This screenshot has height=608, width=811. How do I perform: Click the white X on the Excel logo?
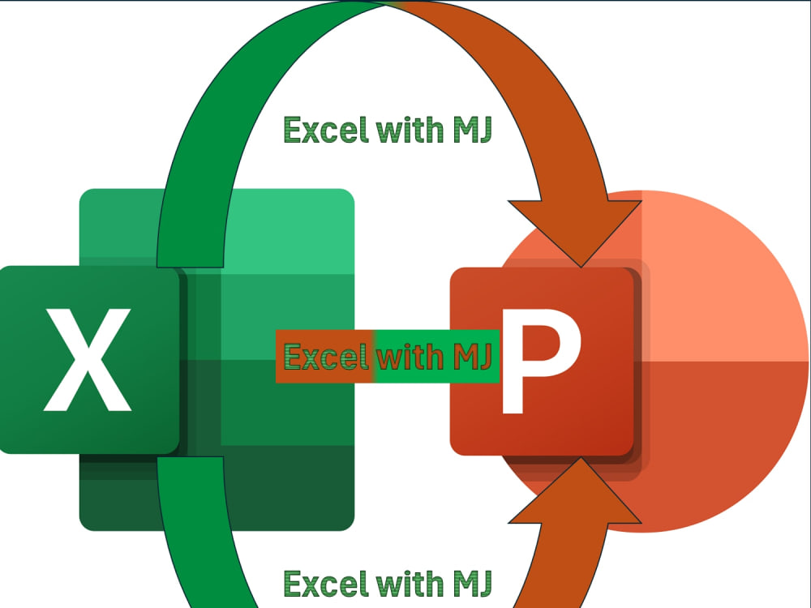(x=88, y=360)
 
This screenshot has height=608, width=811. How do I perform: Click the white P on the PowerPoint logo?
(x=541, y=361)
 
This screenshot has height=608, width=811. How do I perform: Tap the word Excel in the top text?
(x=327, y=130)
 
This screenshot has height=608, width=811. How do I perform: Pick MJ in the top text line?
(x=472, y=130)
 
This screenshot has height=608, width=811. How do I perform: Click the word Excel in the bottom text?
(x=327, y=584)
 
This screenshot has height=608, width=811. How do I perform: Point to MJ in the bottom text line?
(x=472, y=584)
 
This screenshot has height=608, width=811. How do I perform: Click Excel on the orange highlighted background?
(x=327, y=357)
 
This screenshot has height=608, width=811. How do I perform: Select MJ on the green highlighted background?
(x=472, y=357)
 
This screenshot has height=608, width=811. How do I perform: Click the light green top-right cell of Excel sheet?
(x=290, y=231)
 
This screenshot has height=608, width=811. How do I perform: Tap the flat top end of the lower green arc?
(x=190, y=458)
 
